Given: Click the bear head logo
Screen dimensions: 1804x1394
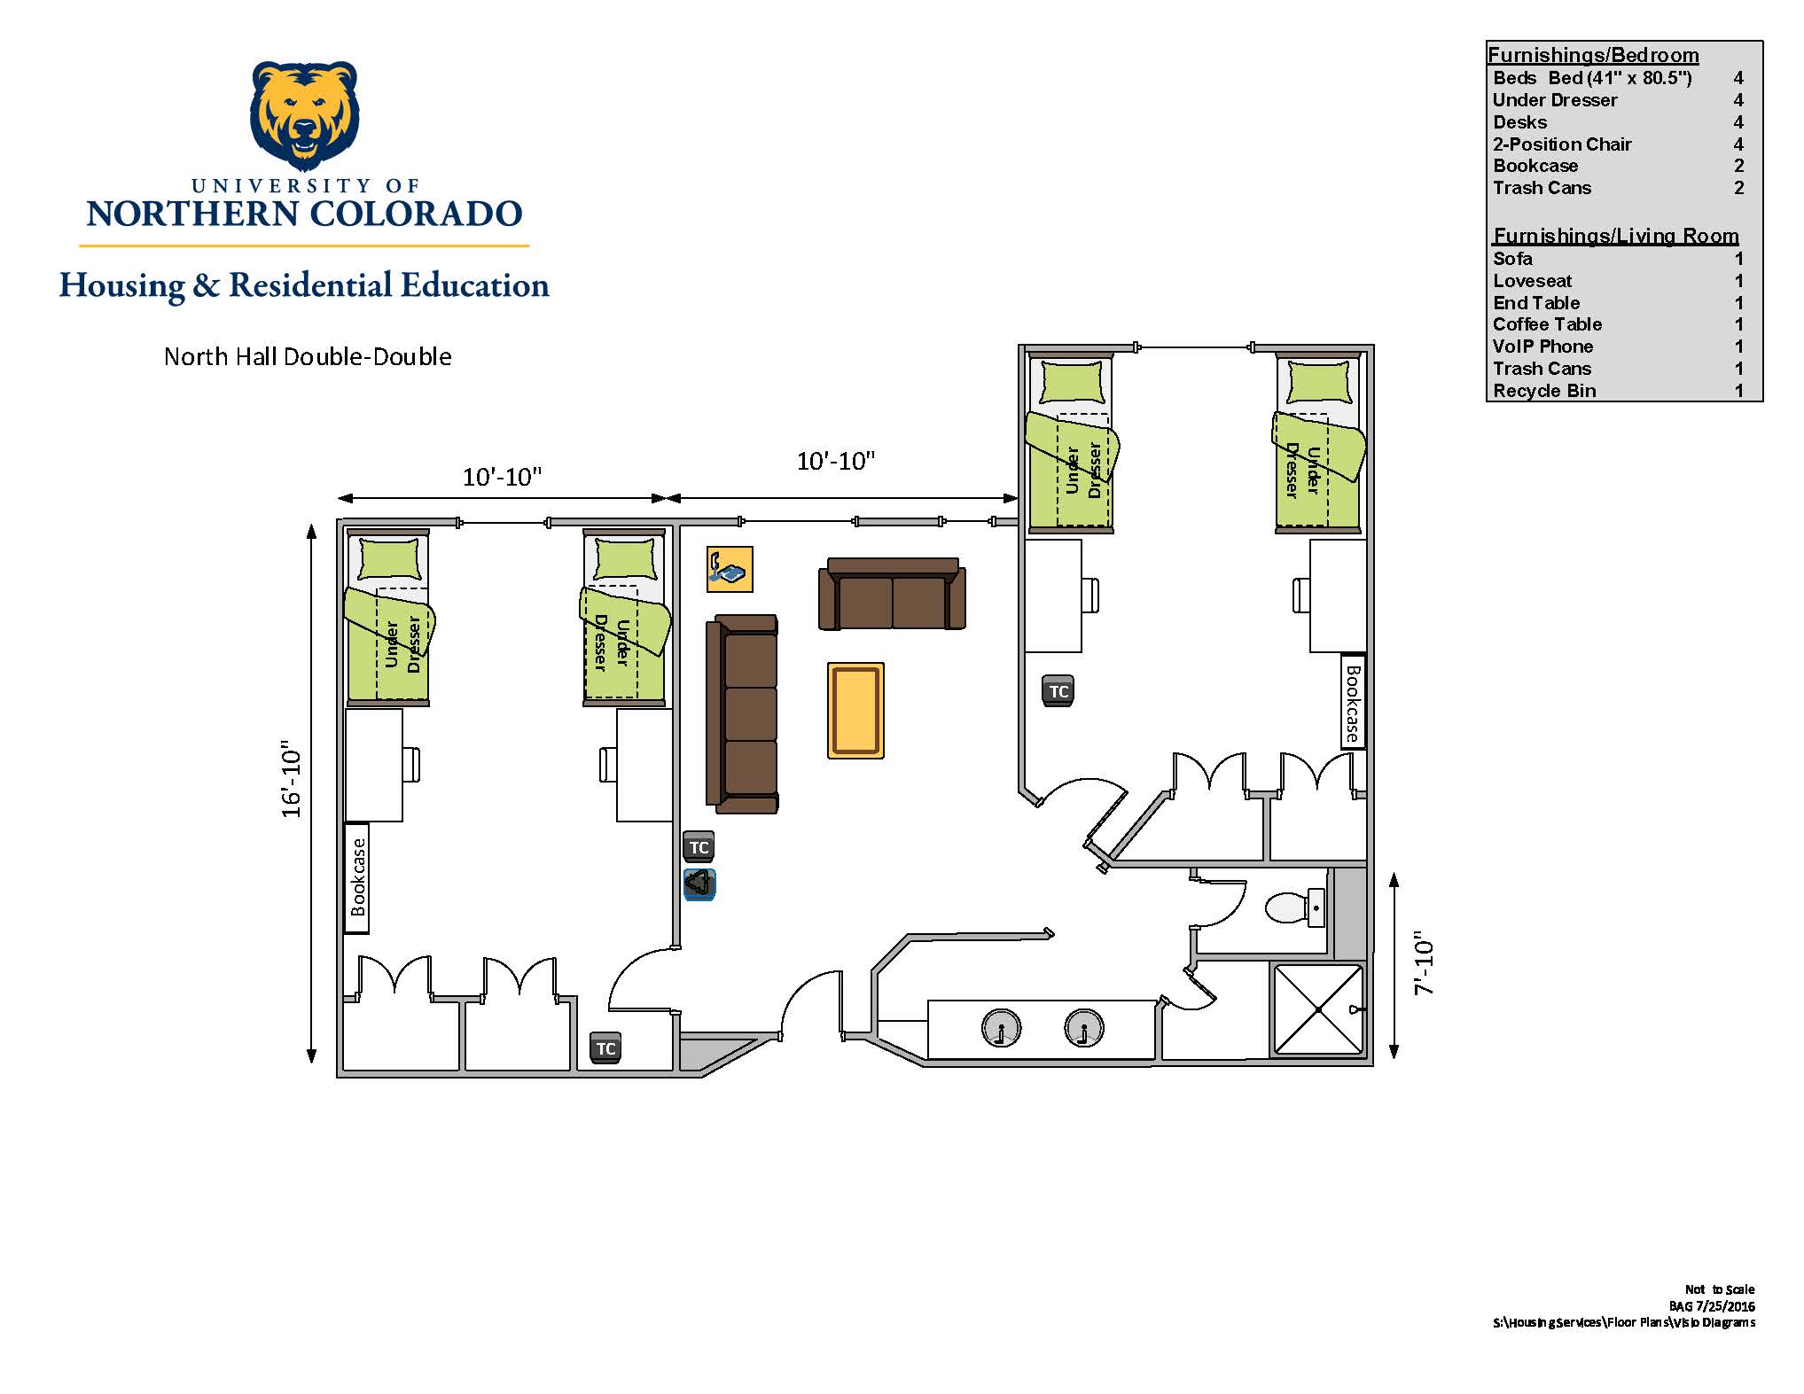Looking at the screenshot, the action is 305,116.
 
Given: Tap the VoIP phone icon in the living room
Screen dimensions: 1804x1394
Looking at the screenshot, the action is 730,569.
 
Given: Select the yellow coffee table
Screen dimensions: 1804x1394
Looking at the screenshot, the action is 855,710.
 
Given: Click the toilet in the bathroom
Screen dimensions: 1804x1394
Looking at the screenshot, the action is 1294,907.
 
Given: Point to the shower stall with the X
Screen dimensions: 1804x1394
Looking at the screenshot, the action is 1318,1009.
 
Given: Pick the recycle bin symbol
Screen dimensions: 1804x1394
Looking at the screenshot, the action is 699,884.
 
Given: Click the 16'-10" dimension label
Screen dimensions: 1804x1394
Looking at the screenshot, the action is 292,778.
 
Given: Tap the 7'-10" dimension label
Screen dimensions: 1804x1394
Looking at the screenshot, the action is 1424,962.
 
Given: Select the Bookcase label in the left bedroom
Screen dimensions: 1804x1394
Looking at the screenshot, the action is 357,877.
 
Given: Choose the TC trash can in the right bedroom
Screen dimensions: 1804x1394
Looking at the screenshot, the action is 1058,691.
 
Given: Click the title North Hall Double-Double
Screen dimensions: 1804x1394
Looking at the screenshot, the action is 308,356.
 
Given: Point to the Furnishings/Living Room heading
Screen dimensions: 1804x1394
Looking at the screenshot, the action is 1616,236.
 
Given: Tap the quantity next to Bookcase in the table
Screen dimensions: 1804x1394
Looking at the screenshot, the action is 1738,166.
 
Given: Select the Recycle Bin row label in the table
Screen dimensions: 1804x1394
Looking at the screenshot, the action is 1544,391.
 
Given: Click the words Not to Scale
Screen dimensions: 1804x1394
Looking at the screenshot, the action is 1720,1289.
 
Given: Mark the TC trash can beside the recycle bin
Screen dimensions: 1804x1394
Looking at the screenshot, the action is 699,846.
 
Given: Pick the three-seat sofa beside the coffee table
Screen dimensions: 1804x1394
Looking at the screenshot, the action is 743,714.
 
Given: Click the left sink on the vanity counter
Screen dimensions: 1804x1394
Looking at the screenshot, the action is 1001,1028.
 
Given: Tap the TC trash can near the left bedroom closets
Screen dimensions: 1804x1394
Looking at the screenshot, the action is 605,1048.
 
